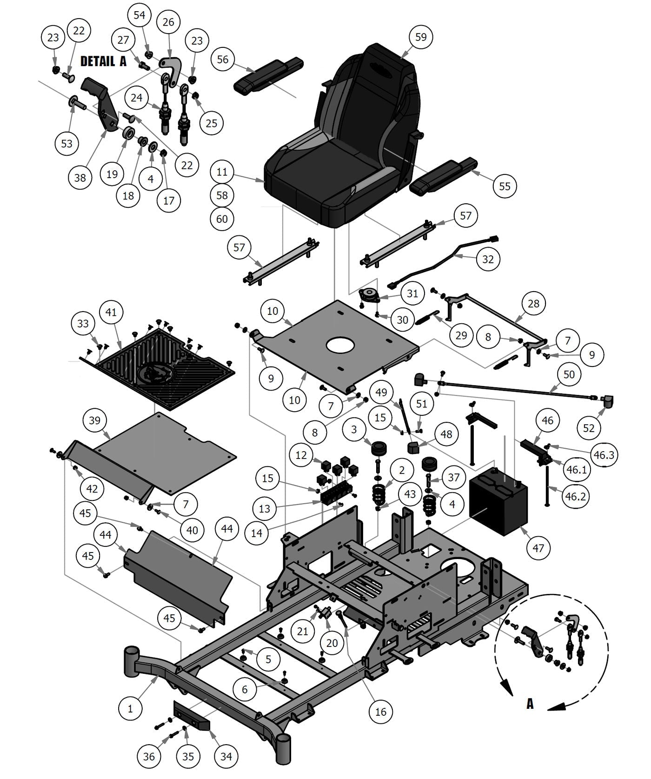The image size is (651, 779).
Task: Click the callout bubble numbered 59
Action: (420, 37)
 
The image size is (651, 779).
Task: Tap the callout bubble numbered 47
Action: (538, 548)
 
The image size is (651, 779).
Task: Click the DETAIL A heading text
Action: (103, 61)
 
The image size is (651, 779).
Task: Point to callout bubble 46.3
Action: (604, 455)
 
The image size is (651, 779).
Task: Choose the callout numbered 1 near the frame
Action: (130, 708)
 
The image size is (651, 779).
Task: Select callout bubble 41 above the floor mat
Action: (111, 312)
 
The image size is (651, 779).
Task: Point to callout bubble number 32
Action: (487, 259)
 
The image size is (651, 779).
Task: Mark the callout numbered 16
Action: (380, 712)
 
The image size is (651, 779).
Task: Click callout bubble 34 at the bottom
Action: (226, 757)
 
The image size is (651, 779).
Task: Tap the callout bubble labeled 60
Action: (222, 219)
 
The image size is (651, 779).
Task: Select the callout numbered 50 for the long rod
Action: (569, 374)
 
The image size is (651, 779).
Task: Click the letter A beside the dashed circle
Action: (530, 704)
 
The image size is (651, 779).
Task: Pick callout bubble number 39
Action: (94, 420)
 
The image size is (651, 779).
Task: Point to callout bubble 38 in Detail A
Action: (80, 177)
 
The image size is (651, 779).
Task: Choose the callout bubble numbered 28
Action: (533, 303)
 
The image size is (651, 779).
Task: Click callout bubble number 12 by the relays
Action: (301, 454)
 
